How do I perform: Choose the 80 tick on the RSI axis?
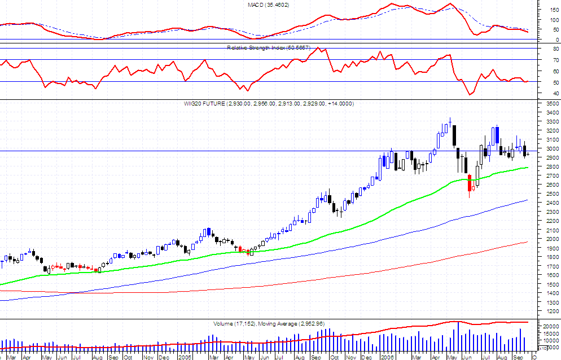548,50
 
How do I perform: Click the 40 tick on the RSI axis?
548,94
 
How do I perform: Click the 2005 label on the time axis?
185,357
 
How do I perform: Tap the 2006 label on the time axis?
387,357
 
